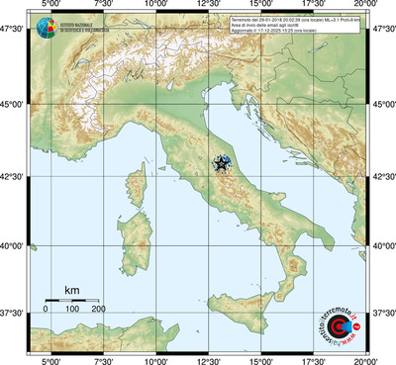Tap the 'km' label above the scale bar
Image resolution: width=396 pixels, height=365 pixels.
(71, 290)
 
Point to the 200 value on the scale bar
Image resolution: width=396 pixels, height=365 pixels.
(99, 310)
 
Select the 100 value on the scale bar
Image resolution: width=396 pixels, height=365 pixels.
(72, 310)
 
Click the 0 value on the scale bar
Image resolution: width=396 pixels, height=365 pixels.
(46, 310)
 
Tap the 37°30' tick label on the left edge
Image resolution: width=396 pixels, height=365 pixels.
(13, 314)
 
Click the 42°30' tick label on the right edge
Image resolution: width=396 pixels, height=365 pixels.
(383, 177)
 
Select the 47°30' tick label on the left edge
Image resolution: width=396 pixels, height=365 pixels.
(13, 30)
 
